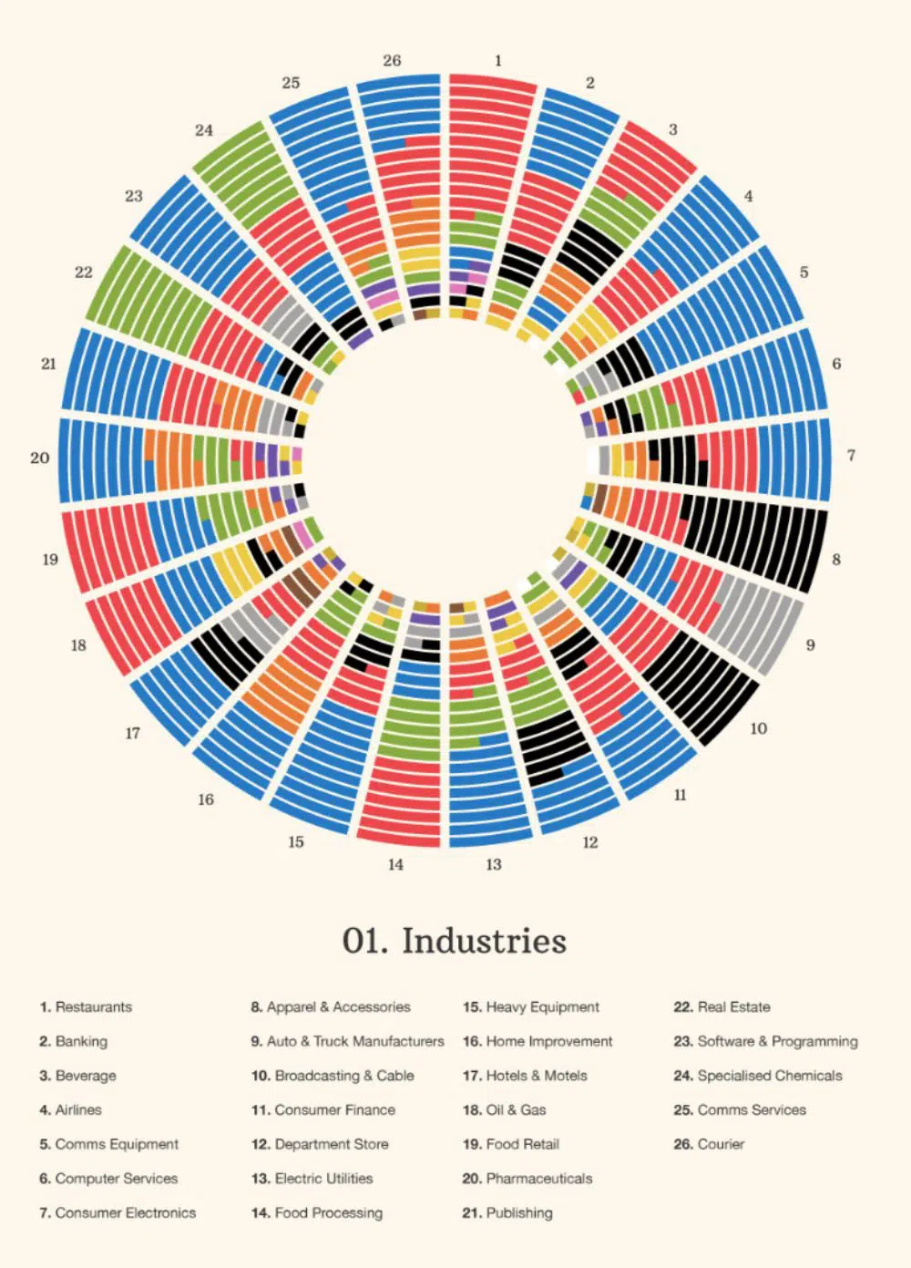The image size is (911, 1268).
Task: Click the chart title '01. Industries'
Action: [454, 941]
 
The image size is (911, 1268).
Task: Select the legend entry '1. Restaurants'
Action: [86, 1007]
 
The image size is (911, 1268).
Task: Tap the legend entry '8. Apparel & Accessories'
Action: [331, 1007]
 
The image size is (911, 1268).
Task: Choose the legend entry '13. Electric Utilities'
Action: [312, 1179]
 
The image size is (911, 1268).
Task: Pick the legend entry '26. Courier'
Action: [709, 1144]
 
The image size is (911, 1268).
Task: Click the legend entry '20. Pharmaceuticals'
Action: [527, 1179]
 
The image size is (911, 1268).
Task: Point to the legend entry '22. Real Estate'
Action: [722, 1007]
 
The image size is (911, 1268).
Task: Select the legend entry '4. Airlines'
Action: [70, 1110]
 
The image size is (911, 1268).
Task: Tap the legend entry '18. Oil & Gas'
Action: [505, 1110]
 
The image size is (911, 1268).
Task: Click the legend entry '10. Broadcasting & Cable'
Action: [333, 1076]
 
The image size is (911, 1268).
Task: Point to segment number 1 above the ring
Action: [498, 60]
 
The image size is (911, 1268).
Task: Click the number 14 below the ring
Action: [395, 864]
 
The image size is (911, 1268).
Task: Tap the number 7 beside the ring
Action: [851, 455]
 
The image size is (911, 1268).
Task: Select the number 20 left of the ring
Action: [39, 458]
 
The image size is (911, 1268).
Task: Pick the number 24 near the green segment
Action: [204, 130]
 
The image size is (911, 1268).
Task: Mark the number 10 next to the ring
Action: [758, 728]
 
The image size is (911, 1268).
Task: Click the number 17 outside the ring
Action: [133, 733]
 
